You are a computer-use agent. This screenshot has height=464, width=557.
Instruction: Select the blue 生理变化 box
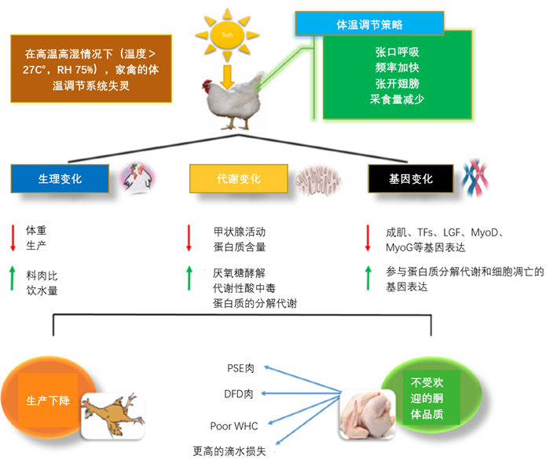pos(60,179)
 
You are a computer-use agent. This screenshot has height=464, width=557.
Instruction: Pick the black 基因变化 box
pos(411,179)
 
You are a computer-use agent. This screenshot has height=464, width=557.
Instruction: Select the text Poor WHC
pos(234,426)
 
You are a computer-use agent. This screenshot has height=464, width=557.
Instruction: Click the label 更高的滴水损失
pos(234,451)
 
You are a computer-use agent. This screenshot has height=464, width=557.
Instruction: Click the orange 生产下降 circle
pos(46,400)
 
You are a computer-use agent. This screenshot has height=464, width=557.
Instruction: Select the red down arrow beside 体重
pos(13,238)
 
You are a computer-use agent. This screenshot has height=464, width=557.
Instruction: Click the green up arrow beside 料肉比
pos(13,282)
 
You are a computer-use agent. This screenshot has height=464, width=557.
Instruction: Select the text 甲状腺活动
pos(240,232)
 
